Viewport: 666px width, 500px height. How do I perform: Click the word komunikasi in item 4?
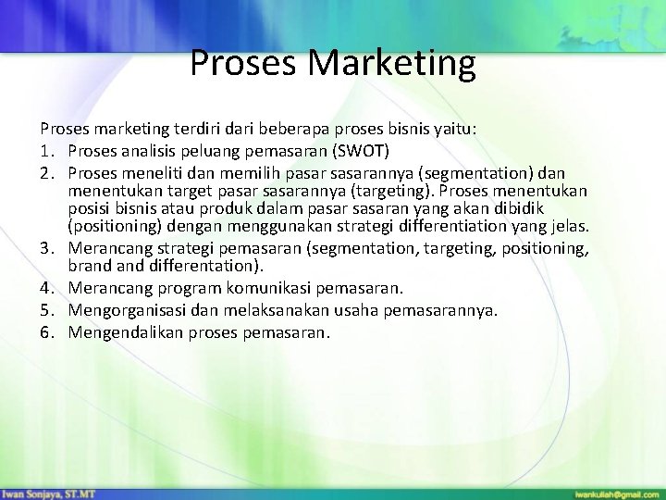point(278,290)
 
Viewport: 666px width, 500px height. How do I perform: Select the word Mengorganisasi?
point(129,310)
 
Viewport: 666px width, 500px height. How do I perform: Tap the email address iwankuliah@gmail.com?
point(612,491)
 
